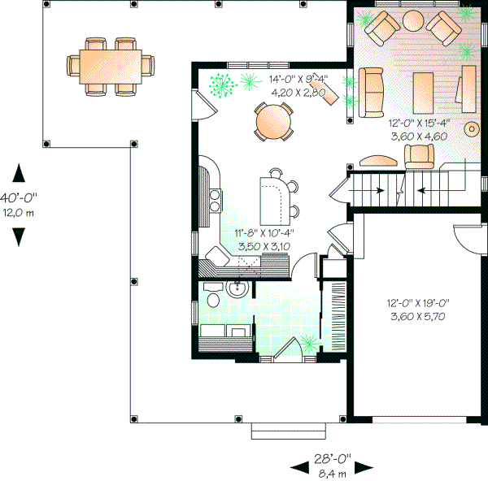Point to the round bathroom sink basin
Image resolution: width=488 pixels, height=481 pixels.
pos(238,290)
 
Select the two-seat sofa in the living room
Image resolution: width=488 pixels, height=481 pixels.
pos(371,90)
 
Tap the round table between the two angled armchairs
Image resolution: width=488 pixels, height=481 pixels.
pos(413,19)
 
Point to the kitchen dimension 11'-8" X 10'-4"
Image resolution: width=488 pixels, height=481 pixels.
pos(264,232)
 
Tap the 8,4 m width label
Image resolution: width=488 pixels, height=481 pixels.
pos(332,472)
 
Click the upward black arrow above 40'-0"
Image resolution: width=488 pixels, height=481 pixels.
pos(19,173)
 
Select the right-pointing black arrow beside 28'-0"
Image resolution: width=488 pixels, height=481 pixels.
pos(363,466)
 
